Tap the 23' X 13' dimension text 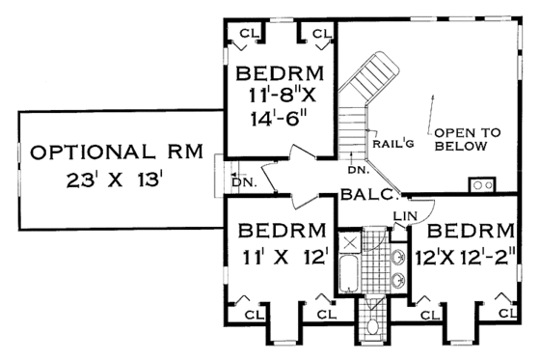pos(114,180)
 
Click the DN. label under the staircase pos(355,171)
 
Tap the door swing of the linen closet pos(424,208)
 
